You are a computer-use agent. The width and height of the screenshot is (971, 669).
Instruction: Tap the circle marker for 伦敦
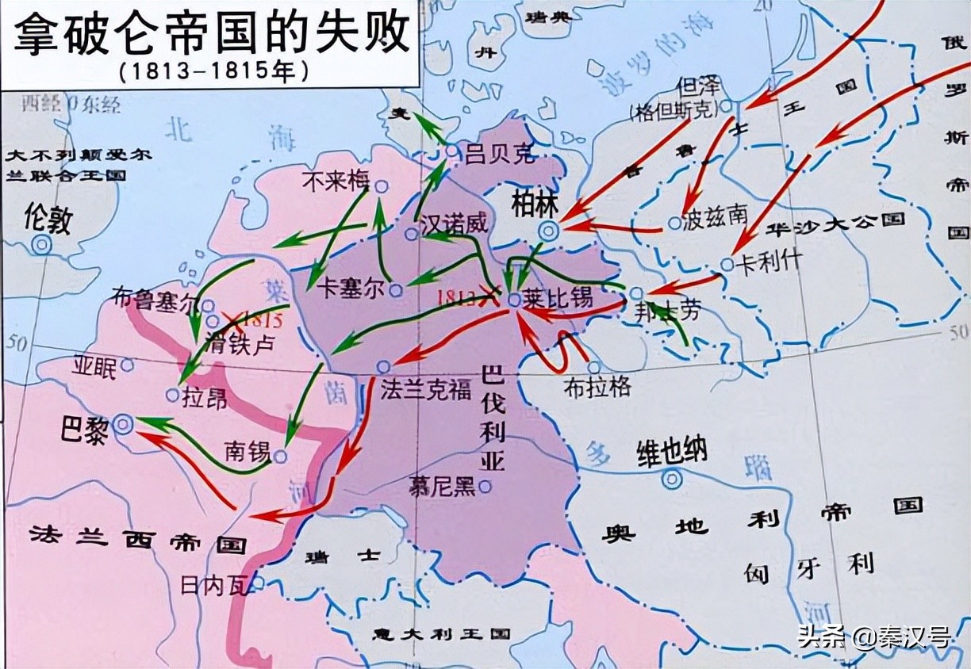[x=40, y=245]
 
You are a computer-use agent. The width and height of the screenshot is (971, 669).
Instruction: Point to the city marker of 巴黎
[x=123, y=424]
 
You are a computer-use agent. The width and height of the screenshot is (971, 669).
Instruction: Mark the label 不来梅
[x=336, y=182]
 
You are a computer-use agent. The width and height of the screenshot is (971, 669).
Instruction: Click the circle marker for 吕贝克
[x=451, y=151]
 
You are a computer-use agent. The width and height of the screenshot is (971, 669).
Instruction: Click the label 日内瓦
[x=209, y=585]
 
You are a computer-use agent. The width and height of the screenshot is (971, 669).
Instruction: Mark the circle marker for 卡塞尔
[x=395, y=291]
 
